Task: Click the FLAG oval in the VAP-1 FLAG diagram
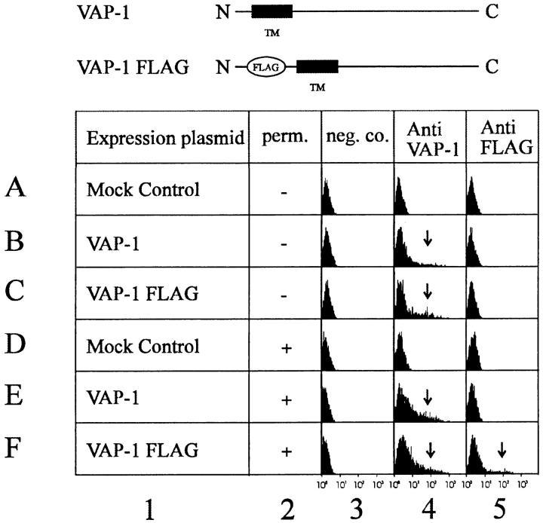coord(265,66)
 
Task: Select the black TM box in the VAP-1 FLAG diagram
coord(317,66)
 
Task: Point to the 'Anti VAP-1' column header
coord(428,139)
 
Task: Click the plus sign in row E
coord(286,401)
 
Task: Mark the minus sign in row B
coord(286,243)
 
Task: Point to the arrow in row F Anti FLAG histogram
coord(502,450)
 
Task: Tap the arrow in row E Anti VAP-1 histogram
coord(428,396)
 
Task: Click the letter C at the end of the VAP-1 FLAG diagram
coord(492,66)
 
